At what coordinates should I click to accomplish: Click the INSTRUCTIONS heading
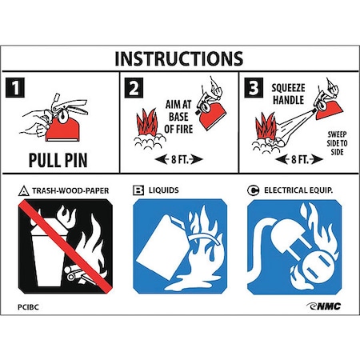click(x=178, y=58)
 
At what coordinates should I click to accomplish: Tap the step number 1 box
click(x=15, y=87)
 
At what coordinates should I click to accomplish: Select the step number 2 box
click(x=134, y=88)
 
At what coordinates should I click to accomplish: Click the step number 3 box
click(x=254, y=87)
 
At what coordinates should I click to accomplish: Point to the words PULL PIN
click(x=58, y=160)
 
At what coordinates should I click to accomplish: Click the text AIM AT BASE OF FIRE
click(x=178, y=117)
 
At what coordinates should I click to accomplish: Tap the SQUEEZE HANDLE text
click(x=288, y=94)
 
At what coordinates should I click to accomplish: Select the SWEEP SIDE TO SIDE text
click(x=337, y=143)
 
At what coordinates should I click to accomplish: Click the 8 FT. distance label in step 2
click(x=179, y=159)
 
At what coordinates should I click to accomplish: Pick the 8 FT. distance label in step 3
click(x=299, y=159)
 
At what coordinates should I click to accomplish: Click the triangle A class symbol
click(x=23, y=191)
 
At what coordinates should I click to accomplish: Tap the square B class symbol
click(x=138, y=190)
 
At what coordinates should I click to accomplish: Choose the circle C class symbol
click(x=253, y=190)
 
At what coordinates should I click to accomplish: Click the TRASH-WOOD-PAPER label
click(x=70, y=191)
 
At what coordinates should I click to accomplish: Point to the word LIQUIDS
click(x=164, y=190)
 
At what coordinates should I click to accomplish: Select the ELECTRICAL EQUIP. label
click(x=298, y=190)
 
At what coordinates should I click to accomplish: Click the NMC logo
click(x=323, y=306)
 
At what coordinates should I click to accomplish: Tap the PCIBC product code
click(x=28, y=307)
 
